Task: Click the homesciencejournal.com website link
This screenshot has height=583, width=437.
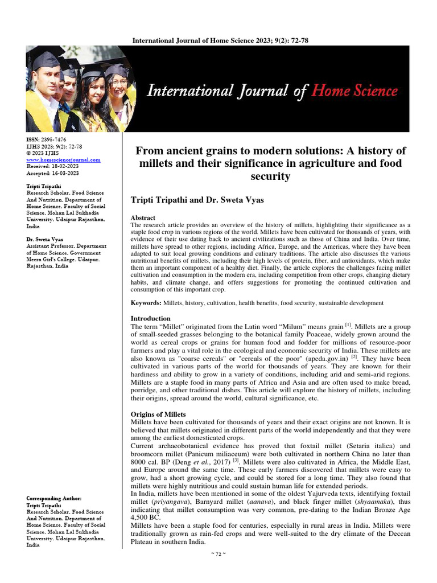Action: (64, 160)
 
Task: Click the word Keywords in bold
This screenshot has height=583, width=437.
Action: (146, 303)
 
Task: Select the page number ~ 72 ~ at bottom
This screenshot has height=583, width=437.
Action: (218, 554)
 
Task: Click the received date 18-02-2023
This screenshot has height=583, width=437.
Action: (66, 167)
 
